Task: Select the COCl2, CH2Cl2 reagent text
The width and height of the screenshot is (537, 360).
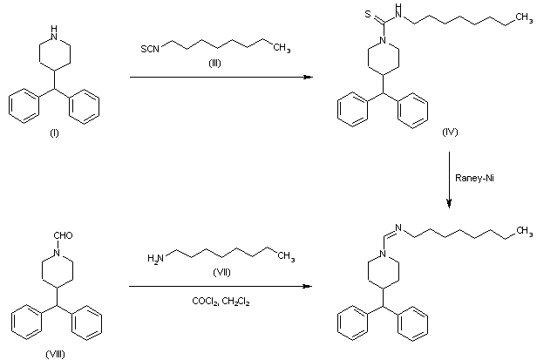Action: coord(221,302)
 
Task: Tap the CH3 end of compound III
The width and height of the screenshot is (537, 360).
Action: coord(282,49)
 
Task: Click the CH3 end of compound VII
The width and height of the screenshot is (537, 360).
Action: coord(286,256)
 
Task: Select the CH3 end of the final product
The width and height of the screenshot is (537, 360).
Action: coord(524,230)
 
